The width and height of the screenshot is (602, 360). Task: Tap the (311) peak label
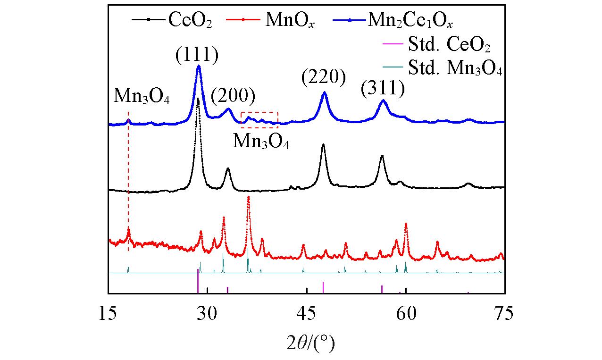383,89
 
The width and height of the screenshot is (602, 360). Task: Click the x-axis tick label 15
109,313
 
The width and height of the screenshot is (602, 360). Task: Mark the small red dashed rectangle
259,120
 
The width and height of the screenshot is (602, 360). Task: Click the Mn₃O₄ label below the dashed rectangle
260,141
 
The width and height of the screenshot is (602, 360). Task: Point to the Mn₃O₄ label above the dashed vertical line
142,96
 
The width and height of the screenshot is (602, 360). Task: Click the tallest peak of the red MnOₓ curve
248,197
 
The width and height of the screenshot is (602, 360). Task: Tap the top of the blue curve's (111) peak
199,66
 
